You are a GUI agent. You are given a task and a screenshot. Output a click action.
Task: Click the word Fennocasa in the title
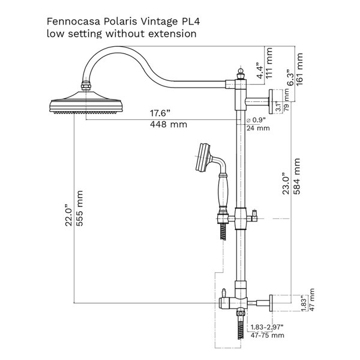(x=73, y=22)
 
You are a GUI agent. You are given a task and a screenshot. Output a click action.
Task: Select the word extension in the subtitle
(x=172, y=34)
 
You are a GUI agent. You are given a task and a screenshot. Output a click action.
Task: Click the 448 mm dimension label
(x=169, y=124)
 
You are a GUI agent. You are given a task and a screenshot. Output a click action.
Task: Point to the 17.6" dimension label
(x=160, y=113)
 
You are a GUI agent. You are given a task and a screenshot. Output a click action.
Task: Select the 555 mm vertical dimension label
(x=79, y=208)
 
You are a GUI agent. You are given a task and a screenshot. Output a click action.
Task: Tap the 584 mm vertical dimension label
(x=297, y=176)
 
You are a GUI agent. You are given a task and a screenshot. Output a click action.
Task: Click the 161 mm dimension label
(x=299, y=70)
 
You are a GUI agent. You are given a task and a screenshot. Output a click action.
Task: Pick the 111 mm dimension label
(x=269, y=63)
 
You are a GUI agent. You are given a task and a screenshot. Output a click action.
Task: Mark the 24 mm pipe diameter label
(x=258, y=128)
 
